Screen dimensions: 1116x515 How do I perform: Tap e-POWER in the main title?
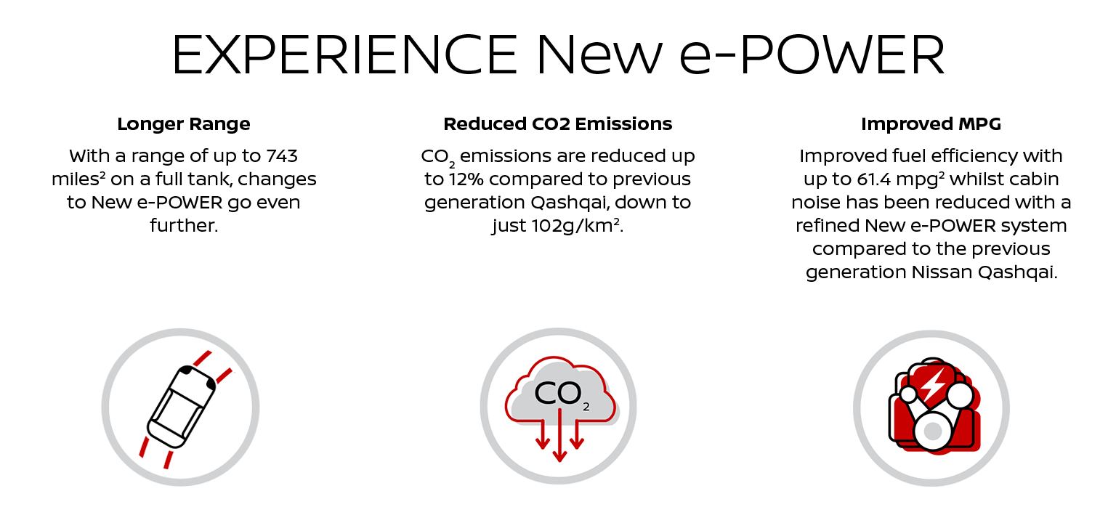click(x=812, y=54)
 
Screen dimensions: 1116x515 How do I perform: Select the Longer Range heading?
click(x=184, y=124)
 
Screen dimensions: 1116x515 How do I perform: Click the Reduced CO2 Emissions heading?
click(x=557, y=124)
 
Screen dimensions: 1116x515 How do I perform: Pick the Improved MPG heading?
click(x=931, y=124)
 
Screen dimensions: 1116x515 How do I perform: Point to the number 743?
click(x=281, y=156)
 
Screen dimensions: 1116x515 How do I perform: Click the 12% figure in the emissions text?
click(x=466, y=179)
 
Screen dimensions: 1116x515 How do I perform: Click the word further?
click(x=184, y=226)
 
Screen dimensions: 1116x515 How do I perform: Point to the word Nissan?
click(x=942, y=272)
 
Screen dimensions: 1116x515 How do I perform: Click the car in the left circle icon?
click(x=181, y=407)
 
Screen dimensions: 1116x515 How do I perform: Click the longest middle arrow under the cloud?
click(x=559, y=435)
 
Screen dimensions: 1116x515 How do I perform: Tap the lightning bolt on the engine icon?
click(x=934, y=384)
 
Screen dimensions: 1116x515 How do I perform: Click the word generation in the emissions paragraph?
click(x=474, y=203)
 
